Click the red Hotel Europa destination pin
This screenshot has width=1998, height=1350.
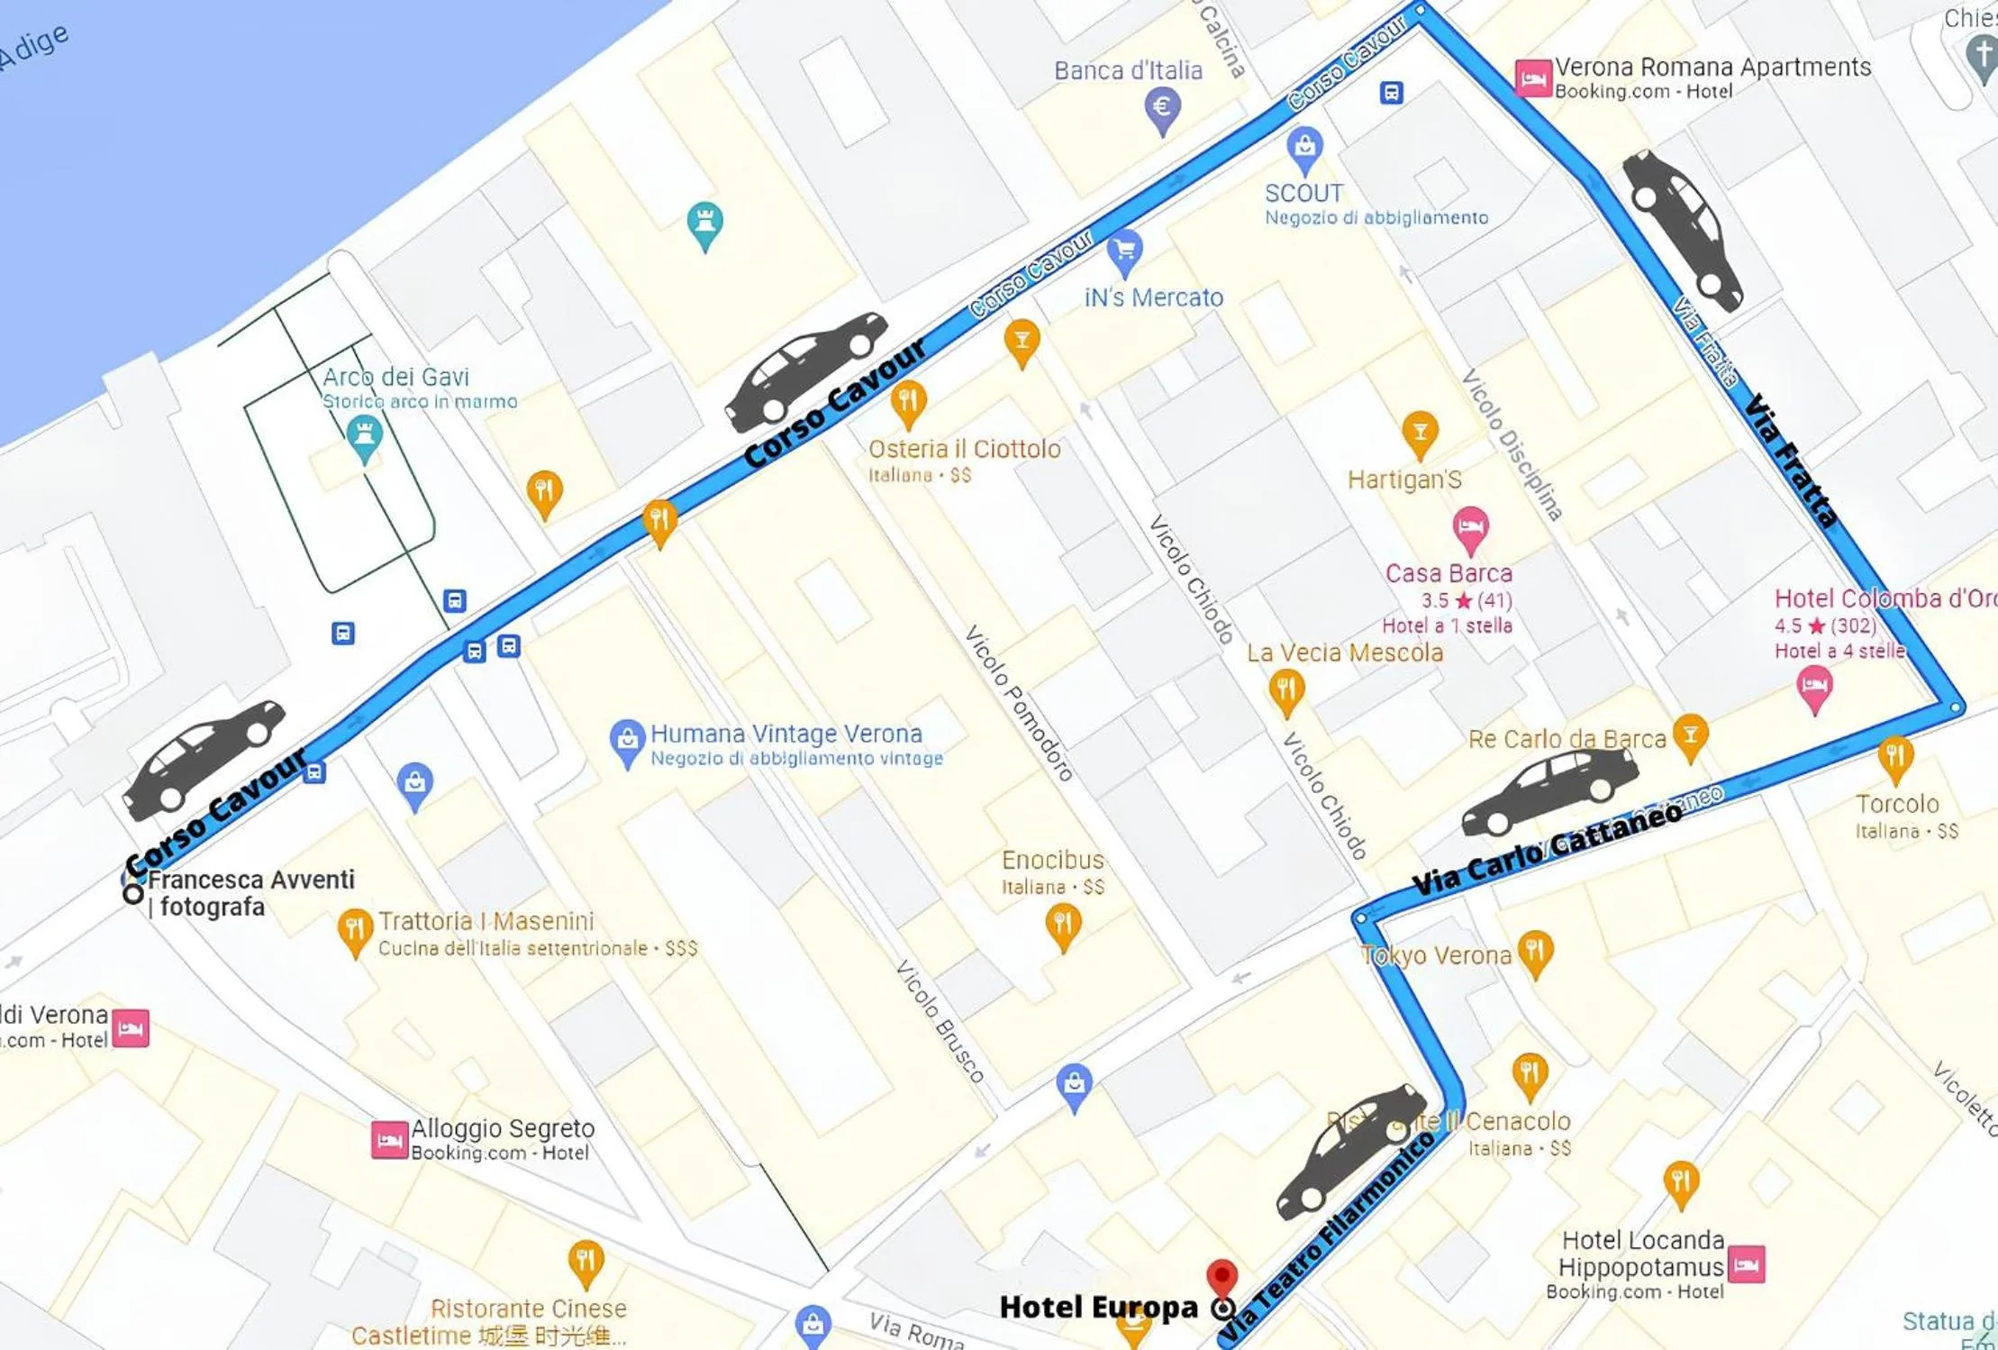(x=1221, y=1276)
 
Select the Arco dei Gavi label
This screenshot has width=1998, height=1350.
(x=395, y=377)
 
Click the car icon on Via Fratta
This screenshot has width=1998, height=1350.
(x=1682, y=230)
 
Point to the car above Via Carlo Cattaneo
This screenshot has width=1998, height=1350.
(x=1549, y=790)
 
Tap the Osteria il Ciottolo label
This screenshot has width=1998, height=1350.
(x=964, y=449)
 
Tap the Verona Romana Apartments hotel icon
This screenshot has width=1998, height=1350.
(x=1532, y=78)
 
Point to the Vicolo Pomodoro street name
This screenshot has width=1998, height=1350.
(x=1019, y=703)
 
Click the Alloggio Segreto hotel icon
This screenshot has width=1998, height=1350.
(x=389, y=1139)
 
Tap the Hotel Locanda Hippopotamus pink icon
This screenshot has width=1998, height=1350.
(x=1746, y=1263)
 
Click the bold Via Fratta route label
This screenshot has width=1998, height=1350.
(x=1790, y=461)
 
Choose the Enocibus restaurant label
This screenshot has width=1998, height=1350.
(x=1052, y=860)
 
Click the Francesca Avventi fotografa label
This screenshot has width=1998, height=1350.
(x=250, y=892)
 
